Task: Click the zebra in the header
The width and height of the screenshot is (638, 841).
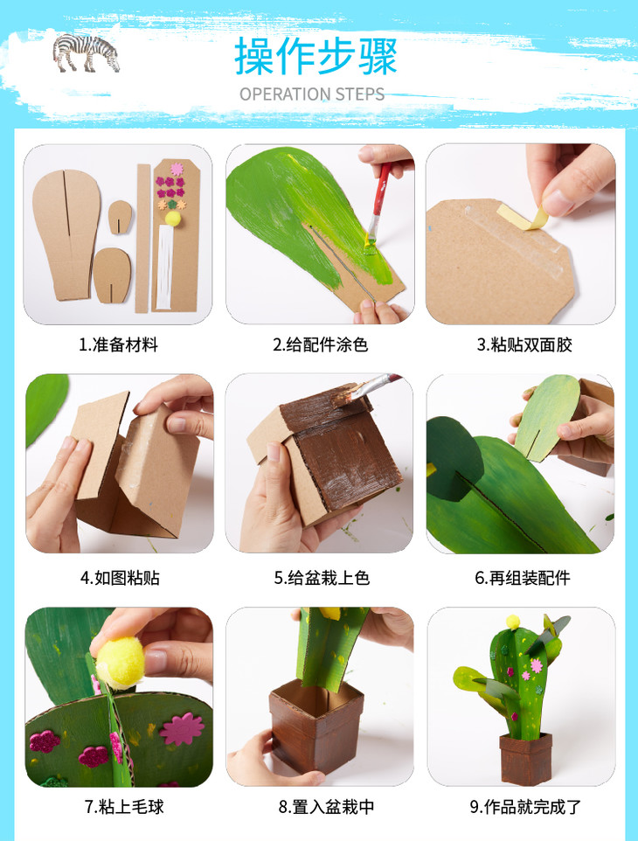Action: coord(86,52)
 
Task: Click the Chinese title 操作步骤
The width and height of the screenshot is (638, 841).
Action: coord(316,56)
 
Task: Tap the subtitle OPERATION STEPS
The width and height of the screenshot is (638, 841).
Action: coord(311,94)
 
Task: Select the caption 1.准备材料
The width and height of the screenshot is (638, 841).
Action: coord(119,344)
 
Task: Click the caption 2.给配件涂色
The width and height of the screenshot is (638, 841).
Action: coord(320,344)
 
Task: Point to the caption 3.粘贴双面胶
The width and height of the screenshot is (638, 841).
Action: coord(524,344)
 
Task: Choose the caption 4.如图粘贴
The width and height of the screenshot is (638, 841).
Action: coord(120,578)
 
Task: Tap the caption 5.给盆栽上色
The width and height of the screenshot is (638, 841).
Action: coord(322,578)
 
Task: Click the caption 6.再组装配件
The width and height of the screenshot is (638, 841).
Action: coord(523,578)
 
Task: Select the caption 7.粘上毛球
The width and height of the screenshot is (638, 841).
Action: coord(124,806)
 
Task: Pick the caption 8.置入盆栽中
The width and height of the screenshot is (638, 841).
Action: coord(326,806)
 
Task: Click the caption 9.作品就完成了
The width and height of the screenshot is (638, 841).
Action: coord(525,806)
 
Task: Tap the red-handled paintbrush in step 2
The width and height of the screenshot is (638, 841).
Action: coord(377,206)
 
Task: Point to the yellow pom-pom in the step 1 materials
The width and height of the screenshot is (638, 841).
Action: coord(173,218)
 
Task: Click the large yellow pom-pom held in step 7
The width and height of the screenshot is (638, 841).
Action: coord(120,663)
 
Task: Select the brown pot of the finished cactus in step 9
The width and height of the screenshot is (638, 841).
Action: coord(525,759)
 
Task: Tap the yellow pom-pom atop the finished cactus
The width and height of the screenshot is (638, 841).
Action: coord(513,622)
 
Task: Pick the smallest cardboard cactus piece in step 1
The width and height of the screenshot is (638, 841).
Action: coord(120,217)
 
